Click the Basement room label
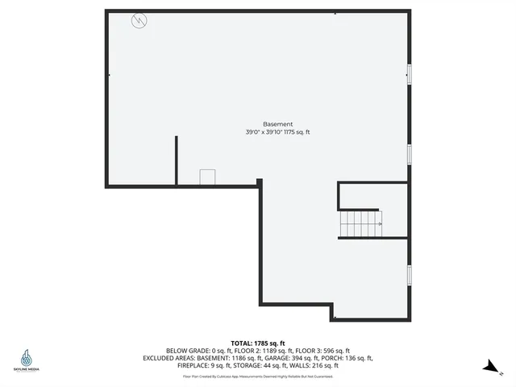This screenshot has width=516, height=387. tap(277, 123)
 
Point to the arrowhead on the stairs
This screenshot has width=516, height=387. tap(380, 223)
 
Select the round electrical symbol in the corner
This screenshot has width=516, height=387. tap(139, 21)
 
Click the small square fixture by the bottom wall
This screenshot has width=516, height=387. tap(208, 177)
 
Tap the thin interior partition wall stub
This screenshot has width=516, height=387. tap(176, 160)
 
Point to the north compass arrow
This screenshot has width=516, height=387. tap(489, 367)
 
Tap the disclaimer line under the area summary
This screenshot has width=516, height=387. tap(257, 377)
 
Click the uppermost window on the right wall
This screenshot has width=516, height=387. tap(409, 73)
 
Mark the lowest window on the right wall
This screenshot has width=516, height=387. tap(409, 275)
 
